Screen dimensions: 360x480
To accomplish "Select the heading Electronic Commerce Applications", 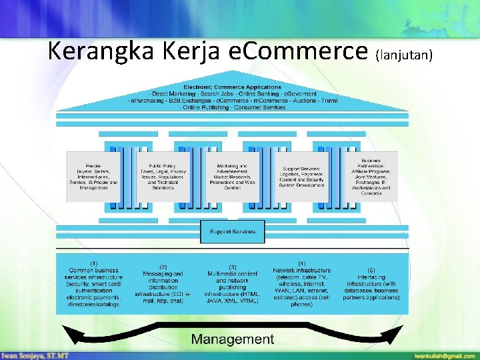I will [233, 87].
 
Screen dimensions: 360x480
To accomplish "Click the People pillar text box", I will [93, 177].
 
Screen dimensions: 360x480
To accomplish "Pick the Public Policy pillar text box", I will [163, 177].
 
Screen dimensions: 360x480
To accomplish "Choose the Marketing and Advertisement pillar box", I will [233, 177].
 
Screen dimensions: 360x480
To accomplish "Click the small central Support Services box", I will [233, 231].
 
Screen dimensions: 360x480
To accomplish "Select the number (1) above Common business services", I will [94, 263].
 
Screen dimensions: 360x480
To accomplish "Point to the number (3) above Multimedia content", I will [233, 267].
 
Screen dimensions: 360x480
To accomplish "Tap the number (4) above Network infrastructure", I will [301, 263].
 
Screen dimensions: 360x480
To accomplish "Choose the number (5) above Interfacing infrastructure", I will [371, 270].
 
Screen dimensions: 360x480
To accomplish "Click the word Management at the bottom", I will [233, 339].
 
